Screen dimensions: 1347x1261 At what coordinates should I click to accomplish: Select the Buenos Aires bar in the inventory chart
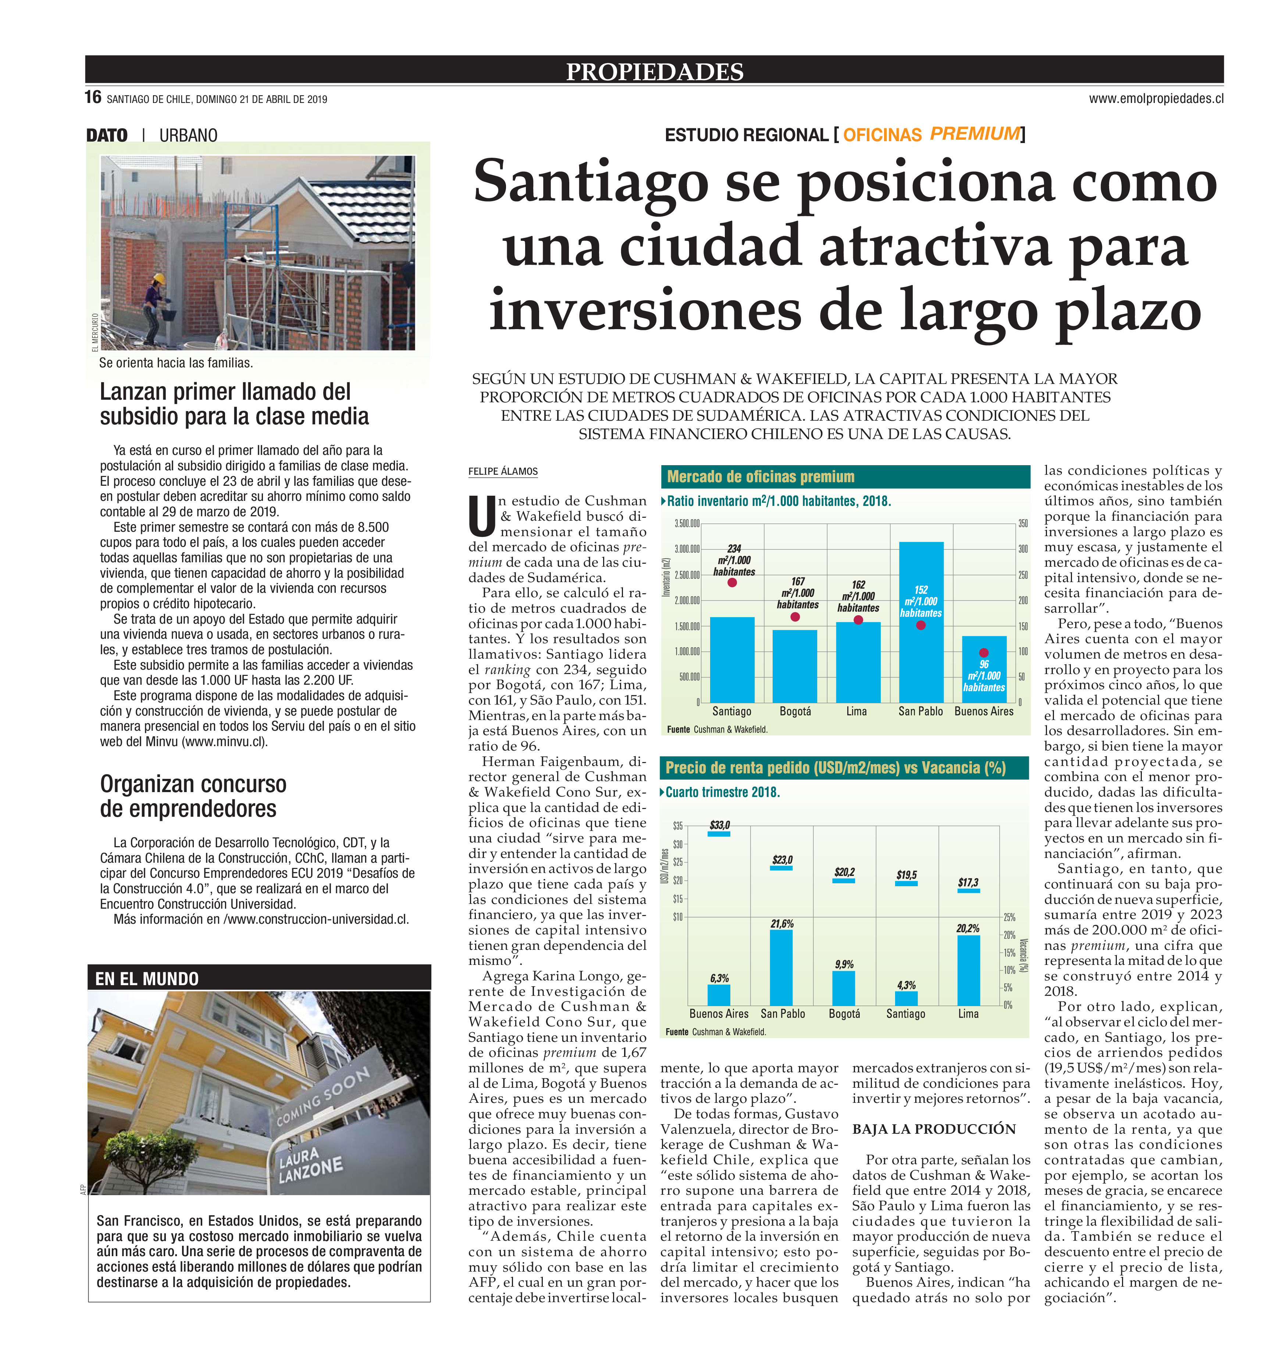tap(983, 678)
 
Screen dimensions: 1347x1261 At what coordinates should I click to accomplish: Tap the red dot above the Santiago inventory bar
tap(732, 582)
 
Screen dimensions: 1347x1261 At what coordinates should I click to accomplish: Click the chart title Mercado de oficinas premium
tap(760, 476)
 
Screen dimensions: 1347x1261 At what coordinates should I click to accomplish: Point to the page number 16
tap(93, 97)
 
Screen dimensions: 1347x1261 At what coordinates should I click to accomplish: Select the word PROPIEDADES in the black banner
tap(655, 71)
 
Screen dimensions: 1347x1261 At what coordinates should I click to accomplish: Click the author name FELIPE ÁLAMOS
tap(503, 471)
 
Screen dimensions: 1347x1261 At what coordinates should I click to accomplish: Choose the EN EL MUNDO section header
tap(147, 979)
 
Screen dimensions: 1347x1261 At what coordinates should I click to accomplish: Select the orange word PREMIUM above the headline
tap(975, 133)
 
